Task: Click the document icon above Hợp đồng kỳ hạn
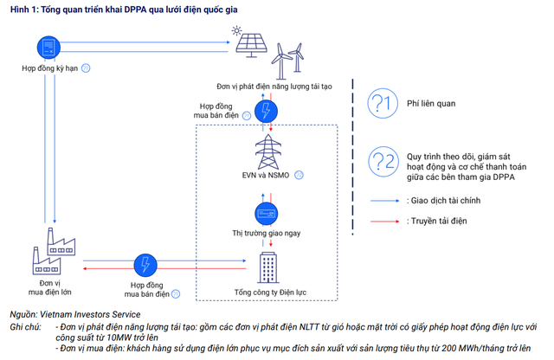point(48,47)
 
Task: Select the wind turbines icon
point(287,59)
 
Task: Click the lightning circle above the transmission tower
point(266,111)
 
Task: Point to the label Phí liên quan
point(431,104)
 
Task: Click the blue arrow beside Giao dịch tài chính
point(384,200)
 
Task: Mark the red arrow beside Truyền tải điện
point(384,221)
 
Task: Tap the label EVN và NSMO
point(267,174)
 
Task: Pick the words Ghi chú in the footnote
point(26,326)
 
